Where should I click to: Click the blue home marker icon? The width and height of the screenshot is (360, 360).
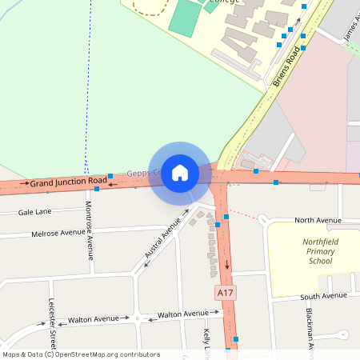pyautogui.click(x=180, y=173)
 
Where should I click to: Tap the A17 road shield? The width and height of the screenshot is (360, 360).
pyautogui.click(x=226, y=294)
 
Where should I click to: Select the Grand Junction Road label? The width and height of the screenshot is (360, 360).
pyautogui.click(x=68, y=182)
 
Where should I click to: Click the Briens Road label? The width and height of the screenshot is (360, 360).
pyautogui.click(x=287, y=66)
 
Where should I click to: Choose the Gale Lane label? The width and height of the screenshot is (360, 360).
pyautogui.click(x=34, y=212)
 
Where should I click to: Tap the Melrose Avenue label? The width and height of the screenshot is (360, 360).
pyautogui.click(x=57, y=233)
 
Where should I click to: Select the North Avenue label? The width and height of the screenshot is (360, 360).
pyautogui.click(x=318, y=220)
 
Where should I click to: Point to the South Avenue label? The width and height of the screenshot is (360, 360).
pyautogui.click(x=324, y=296)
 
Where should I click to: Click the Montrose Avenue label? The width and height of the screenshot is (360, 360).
pyautogui.click(x=89, y=230)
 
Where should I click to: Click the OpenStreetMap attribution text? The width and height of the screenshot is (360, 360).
pyautogui.click(x=70, y=354)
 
